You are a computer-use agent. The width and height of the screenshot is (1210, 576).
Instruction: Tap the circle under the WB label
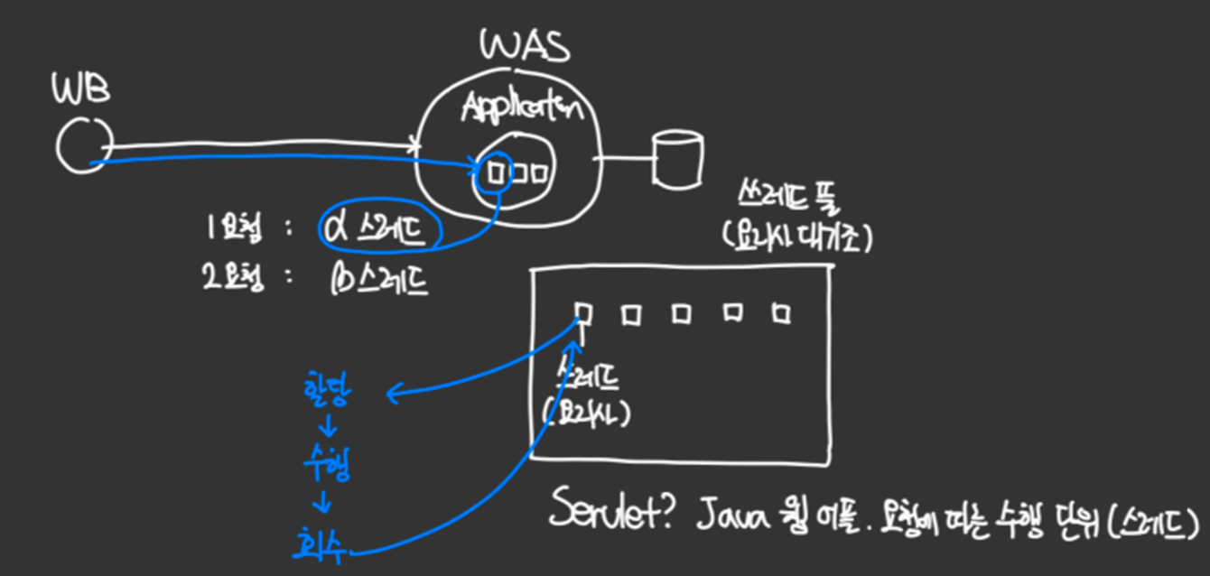(82, 145)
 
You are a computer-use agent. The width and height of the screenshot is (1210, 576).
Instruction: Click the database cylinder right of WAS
(676, 160)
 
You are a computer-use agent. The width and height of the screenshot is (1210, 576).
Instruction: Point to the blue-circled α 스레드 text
(380, 230)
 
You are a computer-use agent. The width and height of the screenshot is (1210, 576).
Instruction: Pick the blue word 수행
(326, 469)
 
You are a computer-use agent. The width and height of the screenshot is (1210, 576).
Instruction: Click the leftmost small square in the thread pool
(583, 312)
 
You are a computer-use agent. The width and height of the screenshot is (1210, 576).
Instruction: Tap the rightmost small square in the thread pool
(782, 313)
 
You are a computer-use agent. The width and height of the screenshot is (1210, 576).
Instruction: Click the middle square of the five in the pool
(682, 313)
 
